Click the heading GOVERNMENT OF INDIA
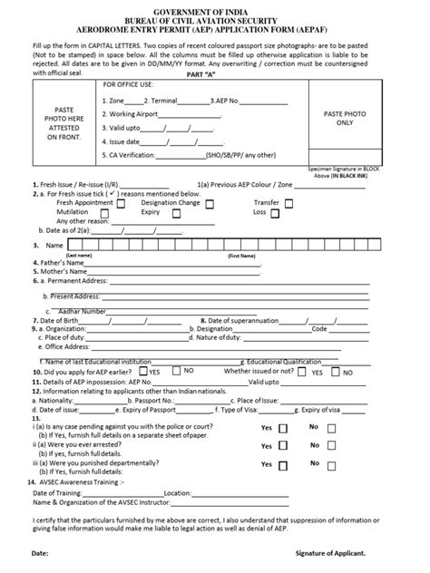pos(215,6)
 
